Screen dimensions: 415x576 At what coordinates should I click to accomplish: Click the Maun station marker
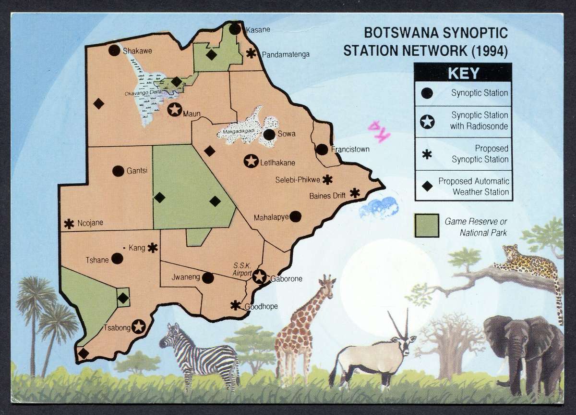tap(174, 109)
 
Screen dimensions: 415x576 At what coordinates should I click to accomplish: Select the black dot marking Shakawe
tap(114, 50)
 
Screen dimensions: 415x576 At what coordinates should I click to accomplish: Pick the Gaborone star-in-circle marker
tap(259, 277)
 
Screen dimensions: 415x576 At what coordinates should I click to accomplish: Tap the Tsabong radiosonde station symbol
tap(139, 327)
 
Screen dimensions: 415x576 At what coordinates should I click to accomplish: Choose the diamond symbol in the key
tap(426, 187)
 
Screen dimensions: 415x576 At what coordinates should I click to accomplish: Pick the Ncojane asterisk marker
tap(69, 224)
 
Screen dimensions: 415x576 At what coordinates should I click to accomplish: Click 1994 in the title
tap(487, 50)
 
